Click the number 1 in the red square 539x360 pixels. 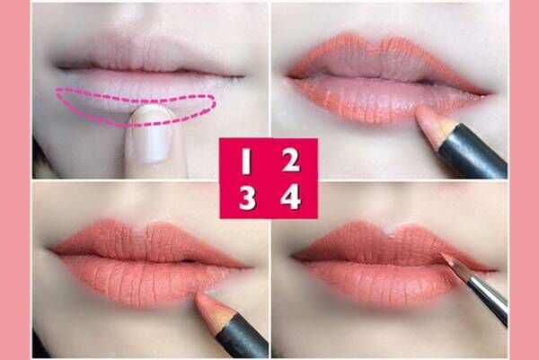246,161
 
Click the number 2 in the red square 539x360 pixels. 291,161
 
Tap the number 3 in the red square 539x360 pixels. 247,198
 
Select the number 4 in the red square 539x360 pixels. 291,197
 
